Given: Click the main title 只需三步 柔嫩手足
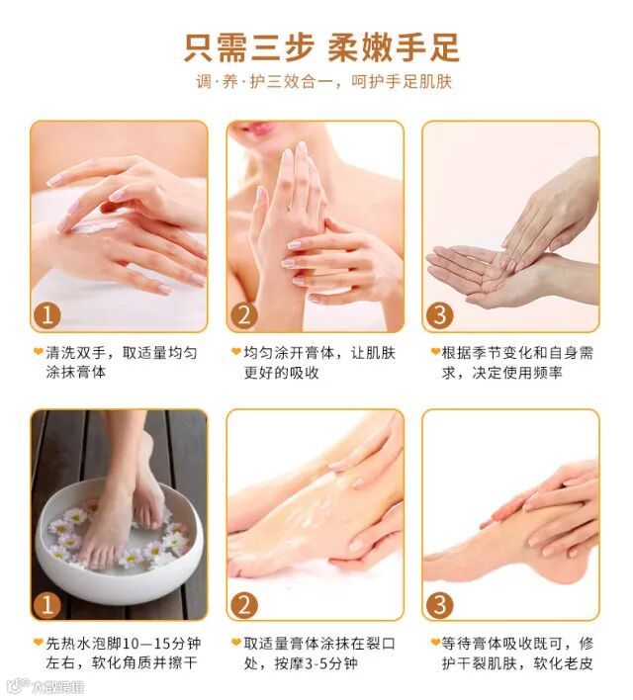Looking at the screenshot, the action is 321,47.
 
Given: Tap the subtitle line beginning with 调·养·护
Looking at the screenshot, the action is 323,82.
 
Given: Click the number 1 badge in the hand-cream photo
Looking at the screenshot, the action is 46,315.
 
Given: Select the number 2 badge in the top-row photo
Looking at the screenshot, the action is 244,315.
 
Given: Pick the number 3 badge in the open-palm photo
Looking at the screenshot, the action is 439,315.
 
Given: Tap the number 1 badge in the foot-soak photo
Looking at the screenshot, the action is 46,605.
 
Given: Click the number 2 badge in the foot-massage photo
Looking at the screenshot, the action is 244,605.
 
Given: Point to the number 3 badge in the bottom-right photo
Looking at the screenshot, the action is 439,605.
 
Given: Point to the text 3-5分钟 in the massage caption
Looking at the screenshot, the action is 331,663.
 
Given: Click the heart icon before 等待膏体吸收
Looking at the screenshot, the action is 435,642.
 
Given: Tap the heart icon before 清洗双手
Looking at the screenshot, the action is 39,351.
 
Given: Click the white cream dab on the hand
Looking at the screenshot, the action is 95,227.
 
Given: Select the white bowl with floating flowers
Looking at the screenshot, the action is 118,543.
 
